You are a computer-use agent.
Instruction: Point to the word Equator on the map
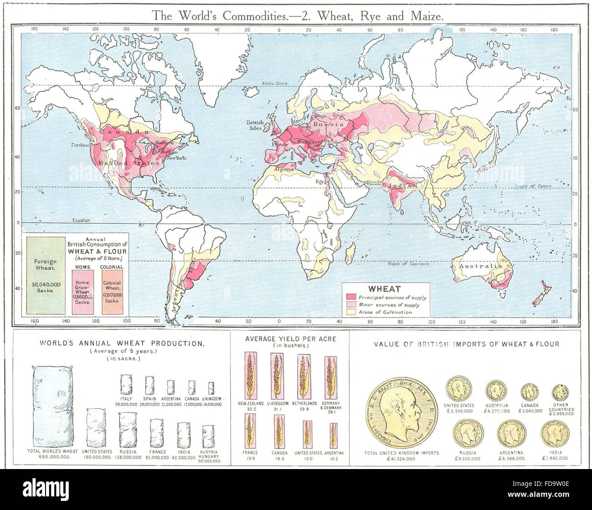coord(82,220)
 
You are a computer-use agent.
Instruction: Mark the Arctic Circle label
coord(276,83)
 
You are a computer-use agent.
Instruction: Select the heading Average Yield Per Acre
coord(290,339)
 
